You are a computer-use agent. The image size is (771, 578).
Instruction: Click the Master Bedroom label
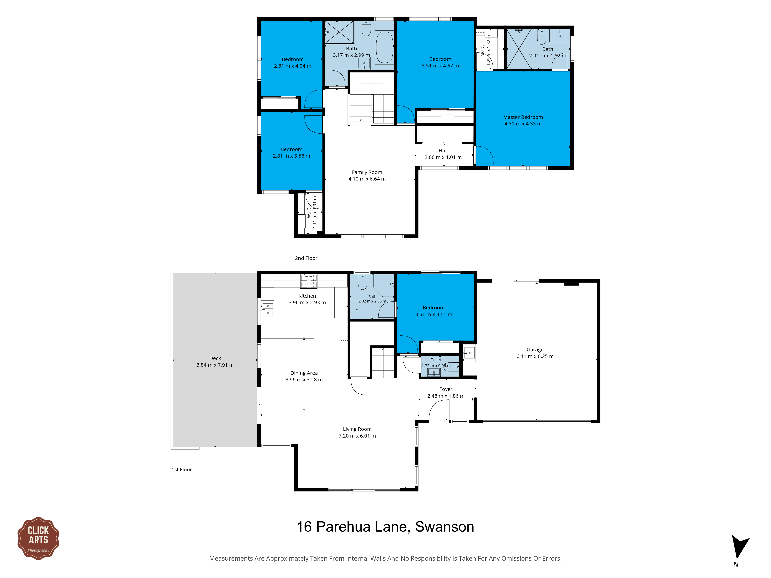(523, 117)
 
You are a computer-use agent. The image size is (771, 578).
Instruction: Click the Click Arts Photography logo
(38, 538)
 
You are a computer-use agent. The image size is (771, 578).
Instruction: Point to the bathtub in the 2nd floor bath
(385, 47)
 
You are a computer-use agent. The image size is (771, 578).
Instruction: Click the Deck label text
(215, 358)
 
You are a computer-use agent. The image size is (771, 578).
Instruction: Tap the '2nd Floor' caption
(306, 258)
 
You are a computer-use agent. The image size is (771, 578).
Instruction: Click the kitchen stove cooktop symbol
(309, 281)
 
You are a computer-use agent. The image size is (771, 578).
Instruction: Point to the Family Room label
(367, 172)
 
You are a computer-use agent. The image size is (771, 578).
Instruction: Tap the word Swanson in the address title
(444, 527)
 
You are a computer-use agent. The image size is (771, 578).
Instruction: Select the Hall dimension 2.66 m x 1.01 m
(443, 157)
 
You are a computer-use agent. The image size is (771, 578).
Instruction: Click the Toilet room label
(436, 360)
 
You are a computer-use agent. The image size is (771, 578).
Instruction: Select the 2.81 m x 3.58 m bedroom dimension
(291, 156)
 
